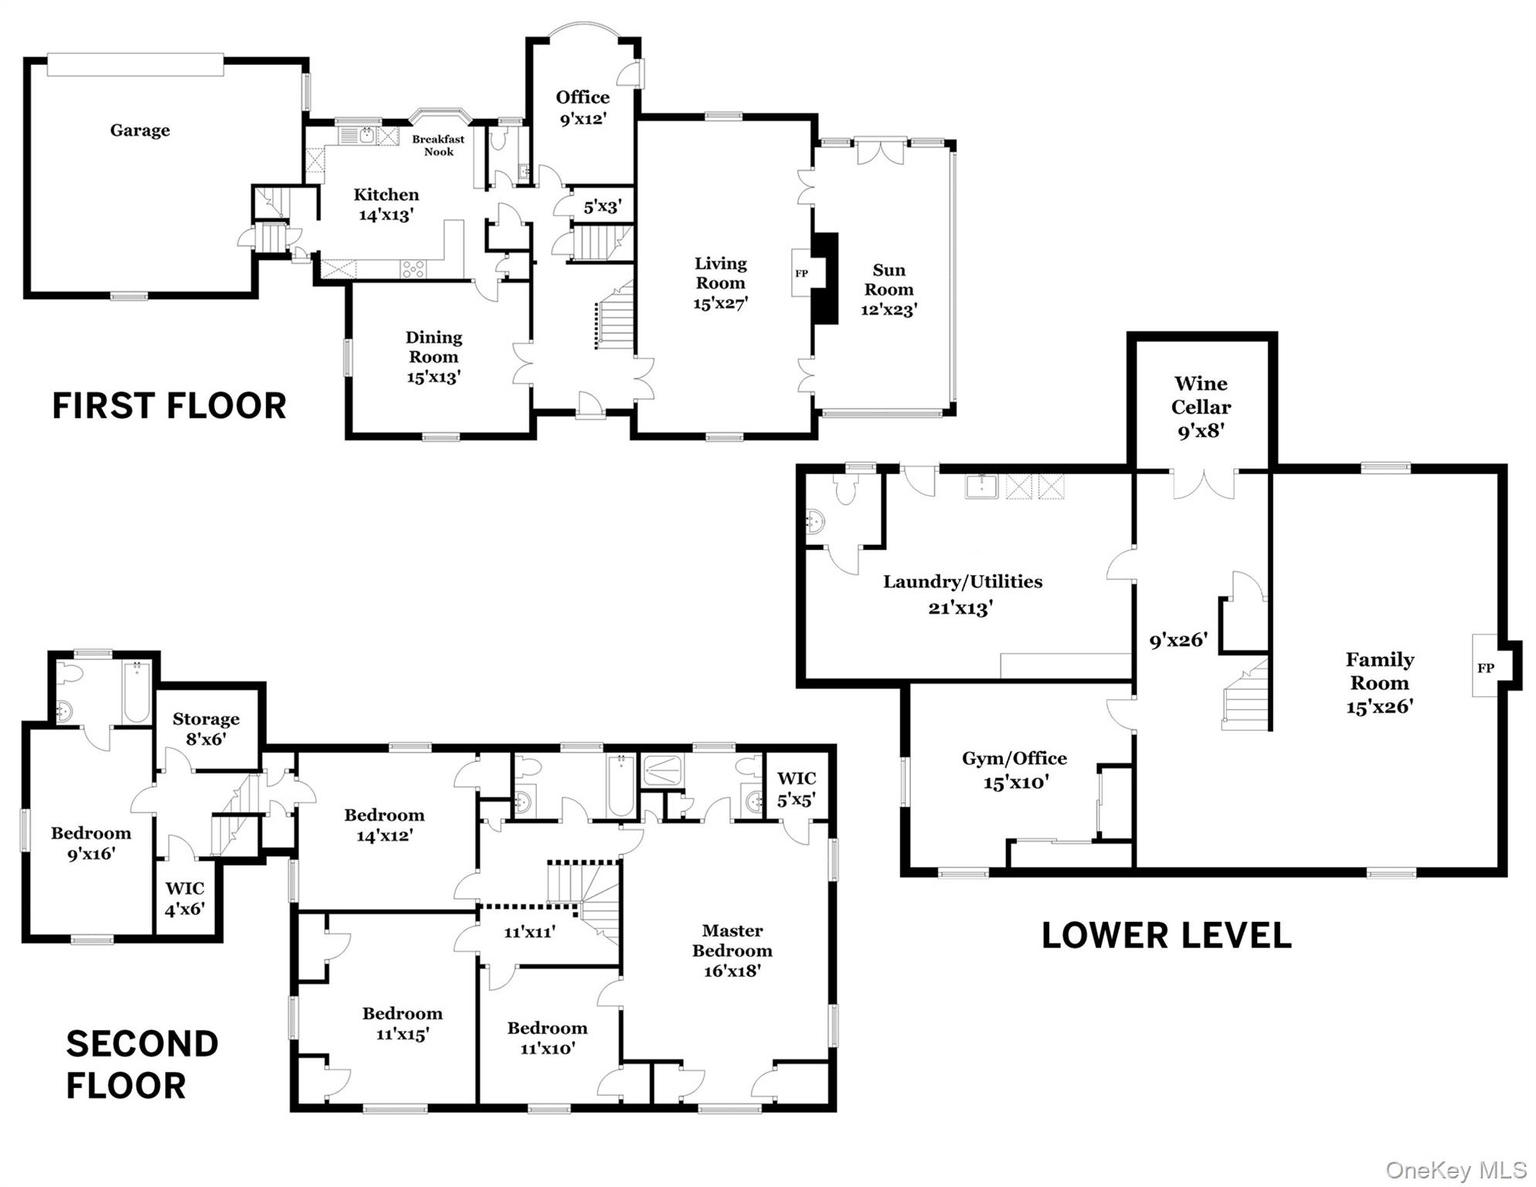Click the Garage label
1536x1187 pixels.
pos(140,131)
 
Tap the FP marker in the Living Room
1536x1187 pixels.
pos(801,274)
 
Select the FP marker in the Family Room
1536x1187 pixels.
pos(1485,668)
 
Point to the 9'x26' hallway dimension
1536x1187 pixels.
pos(1177,640)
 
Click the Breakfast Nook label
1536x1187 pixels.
pos(438,145)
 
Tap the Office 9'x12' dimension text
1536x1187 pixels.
pos(583,119)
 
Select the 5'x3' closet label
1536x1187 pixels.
pos(602,207)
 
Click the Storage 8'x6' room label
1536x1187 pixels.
pos(206,729)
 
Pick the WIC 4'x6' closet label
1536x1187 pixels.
pos(185,899)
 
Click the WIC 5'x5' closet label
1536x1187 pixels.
pos(796,789)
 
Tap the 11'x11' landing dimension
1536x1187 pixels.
pos(529,932)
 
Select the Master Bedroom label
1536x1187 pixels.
pos(732,940)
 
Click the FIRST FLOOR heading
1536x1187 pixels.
pos(168,406)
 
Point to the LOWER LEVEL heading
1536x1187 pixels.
pos(1166,936)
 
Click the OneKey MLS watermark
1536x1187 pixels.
pos(1456,1170)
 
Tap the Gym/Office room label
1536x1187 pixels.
pos(1014,759)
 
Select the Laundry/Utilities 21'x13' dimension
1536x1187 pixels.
pos(960,608)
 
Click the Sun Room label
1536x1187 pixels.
pos(889,280)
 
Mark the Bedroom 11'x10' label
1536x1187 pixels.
pos(547,1038)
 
